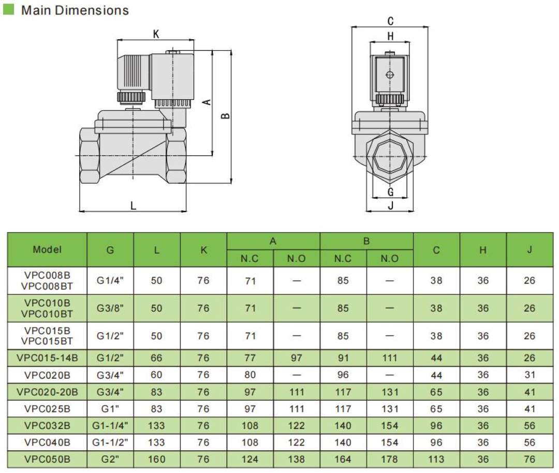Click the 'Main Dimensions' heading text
(75, 10)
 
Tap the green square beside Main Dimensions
(9, 9)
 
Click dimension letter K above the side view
(156, 35)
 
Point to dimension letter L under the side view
(133, 205)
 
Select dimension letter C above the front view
(391, 21)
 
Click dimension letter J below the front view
(391, 205)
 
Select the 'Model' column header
(47, 249)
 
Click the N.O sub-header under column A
(297, 258)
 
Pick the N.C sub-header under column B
(343, 258)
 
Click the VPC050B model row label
(47, 459)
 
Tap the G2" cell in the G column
(110, 459)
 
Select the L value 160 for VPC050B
(157, 459)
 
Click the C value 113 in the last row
(436, 459)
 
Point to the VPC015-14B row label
(47, 358)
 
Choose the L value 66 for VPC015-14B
(157, 358)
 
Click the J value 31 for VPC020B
(529, 375)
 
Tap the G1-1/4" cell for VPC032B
(110, 425)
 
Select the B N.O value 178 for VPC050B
(390, 459)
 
